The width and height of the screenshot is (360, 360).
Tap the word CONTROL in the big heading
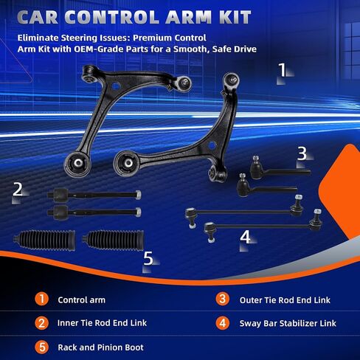pos(112,17)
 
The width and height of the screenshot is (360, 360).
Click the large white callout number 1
pos(283,69)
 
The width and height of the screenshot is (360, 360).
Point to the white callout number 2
pos(18,190)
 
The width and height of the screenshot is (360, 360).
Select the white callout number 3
pos(302,153)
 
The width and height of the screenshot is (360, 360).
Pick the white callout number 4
pos(245,237)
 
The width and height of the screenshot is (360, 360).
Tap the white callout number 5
pos(148,258)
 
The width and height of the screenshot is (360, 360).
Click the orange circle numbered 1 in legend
pos(41,299)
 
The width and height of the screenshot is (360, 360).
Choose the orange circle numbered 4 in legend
pos(223,323)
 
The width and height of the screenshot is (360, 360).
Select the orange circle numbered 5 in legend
pos(41,347)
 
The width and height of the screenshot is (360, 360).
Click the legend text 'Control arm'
pos(82,300)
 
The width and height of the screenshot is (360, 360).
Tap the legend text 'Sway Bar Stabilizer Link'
pos(288,323)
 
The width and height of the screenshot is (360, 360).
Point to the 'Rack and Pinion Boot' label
pos(100,347)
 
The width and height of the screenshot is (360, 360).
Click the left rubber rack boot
pos(45,240)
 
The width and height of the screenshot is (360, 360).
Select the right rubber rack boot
pos(113,240)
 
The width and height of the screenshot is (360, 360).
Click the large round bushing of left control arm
pos(77,164)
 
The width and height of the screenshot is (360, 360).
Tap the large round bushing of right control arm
pos(128,164)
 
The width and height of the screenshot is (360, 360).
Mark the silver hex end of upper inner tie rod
pos(138,195)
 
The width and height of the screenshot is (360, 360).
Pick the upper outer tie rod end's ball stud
pos(256,159)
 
